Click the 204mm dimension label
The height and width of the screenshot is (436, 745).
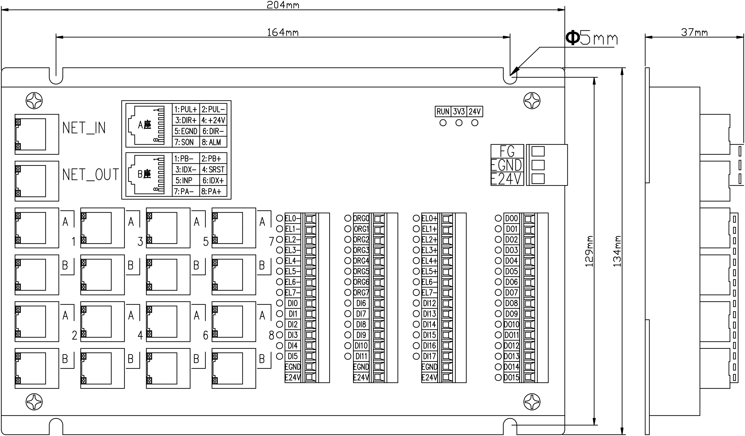tap(283, 5)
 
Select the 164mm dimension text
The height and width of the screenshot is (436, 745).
tap(283, 32)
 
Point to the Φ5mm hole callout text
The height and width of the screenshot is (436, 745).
tap(591, 38)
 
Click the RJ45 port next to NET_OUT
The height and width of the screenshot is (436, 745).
tap(37, 181)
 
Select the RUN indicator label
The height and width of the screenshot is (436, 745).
tap(443, 112)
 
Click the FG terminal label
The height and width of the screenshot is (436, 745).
tap(507, 151)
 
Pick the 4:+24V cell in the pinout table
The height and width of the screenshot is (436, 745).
tap(213, 120)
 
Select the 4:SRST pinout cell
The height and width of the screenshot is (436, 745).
tap(213, 170)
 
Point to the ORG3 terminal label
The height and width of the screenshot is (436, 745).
tap(361, 250)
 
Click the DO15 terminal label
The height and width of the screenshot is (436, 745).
tap(511, 377)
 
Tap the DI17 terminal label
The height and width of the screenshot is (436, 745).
tap(429, 356)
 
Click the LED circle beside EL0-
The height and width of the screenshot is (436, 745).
tap(280, 218)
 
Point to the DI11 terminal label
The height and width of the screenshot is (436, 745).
tap(361, 356)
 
